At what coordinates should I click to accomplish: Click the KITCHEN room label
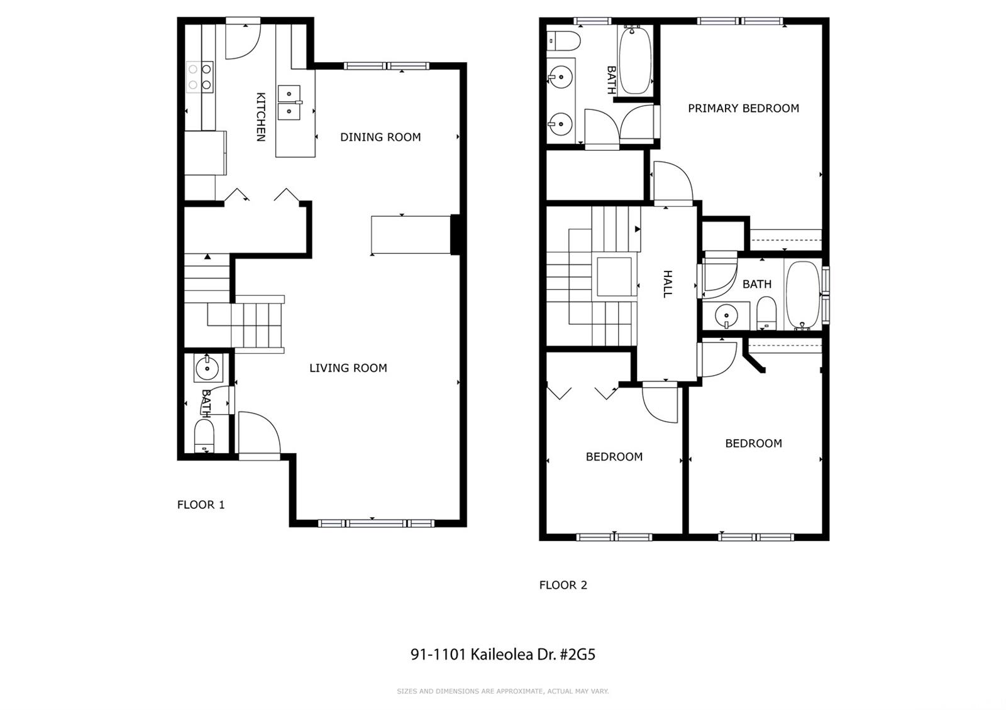click(x=260, y=117)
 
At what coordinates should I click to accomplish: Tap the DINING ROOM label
click(x=380, y=138)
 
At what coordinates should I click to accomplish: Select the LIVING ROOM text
click(x=348, y=368)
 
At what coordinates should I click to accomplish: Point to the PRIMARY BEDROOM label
click(x=743, y=108)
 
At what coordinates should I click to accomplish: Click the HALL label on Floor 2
click(x=668, y=284)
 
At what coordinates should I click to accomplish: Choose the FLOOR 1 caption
click(x=201, y=505)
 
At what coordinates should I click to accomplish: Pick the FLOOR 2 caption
click(x=563, y=585)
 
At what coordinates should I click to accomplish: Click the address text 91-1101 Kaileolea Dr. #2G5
click(x=503, y=654)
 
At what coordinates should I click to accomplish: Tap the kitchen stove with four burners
click(x=200, y=77)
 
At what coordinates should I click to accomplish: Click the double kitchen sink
click(x=289, y=103)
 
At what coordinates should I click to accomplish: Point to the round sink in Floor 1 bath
click(x=207, y=368)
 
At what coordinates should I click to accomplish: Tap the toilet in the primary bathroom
click(x=563, y=41)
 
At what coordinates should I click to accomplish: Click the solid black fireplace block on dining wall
click(x=455, y=235)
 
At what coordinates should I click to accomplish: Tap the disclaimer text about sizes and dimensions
click(x=503, y=691)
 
